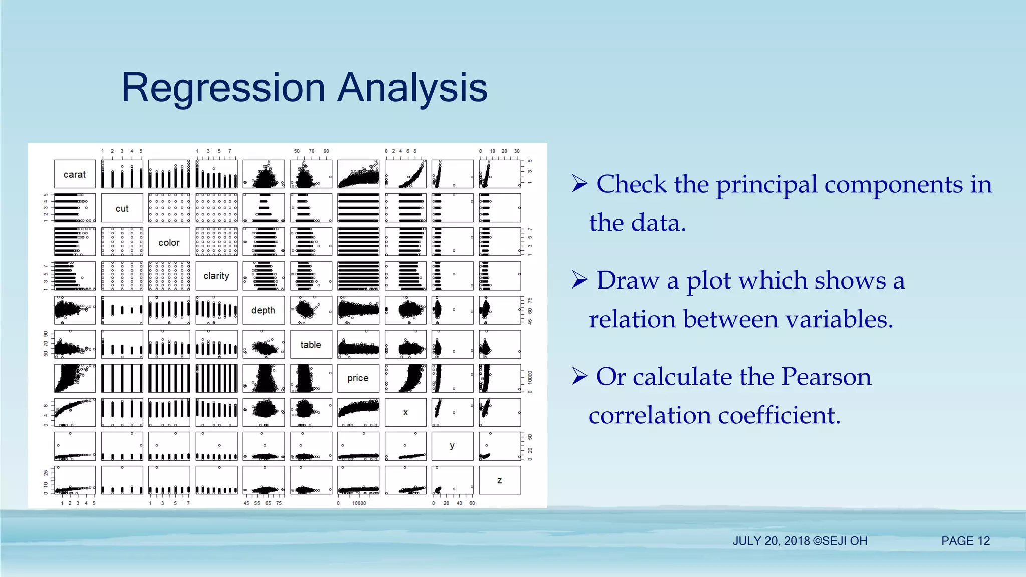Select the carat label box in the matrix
pos(75,174)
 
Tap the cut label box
pos(122,208)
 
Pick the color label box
pos(169,242)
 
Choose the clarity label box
pos(216,276)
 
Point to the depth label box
pos(264,310)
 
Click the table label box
pos(311,344)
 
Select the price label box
pos(358,378)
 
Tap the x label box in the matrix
pos(405,412)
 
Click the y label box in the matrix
pos(452,446)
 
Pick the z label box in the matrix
pos(499,480)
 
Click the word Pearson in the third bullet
pos(826,377)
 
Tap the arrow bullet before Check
pos(579,184)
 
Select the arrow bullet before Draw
pos(579,280)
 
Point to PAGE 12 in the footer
pos(965,541)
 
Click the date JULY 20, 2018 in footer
pos(771,541)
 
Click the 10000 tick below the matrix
pos(359,503)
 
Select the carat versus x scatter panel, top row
pos(405,174)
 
